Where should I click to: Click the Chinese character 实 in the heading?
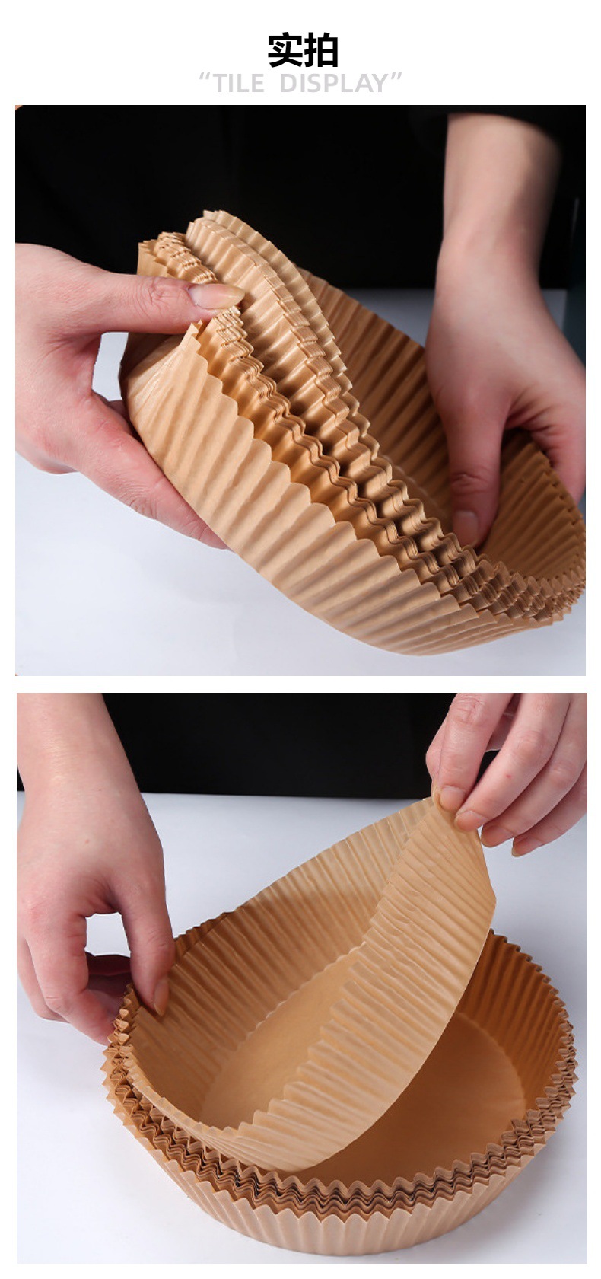click(285, 50)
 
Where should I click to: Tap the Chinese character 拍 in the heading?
click(321, 50)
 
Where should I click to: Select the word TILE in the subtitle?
click(239, 84)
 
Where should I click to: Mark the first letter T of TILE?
click(221, 84)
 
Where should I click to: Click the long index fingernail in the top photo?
click(216, 295)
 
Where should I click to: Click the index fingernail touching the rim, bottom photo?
click(161, 997)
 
